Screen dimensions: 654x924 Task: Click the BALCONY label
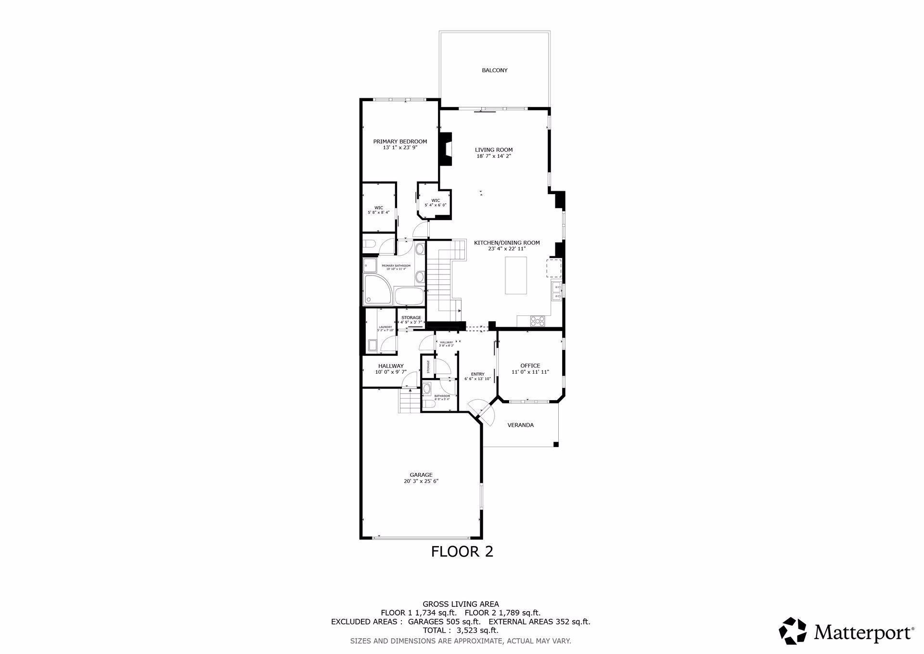[x=494, y=70]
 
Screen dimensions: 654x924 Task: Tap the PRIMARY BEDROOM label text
[x=400, y=142]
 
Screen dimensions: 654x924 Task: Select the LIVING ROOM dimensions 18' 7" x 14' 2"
[x=494, y=156]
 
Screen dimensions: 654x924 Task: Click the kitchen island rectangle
[x=515, y=275]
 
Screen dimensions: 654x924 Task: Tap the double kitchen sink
[x=556, y=291]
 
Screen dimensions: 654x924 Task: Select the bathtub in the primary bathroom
[x=409, y=296]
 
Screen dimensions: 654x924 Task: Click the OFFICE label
[x=530, y=366]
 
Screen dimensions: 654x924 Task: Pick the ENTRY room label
[x=477, y=374]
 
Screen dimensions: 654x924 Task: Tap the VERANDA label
[x=521, y=425]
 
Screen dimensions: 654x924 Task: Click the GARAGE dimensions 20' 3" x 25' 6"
[x=421, y=481]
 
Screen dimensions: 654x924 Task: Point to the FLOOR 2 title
[x=462, y=551]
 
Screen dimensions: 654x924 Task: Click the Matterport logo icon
[x=793, y=630]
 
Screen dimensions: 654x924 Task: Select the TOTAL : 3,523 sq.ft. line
[x=461, y=630]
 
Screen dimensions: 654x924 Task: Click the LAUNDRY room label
[x=385, y=327]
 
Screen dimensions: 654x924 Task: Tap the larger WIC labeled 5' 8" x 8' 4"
[x=379, y=210]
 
